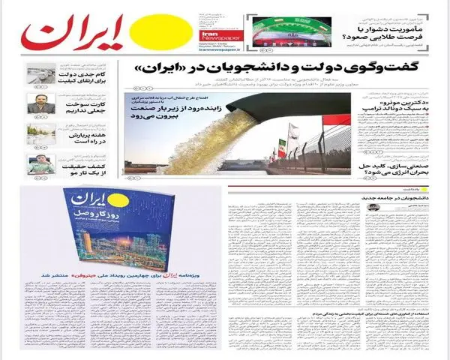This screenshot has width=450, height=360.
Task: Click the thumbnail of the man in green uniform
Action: click(x=40, y=165)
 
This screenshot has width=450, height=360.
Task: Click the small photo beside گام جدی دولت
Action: click(x=40, y=74)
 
